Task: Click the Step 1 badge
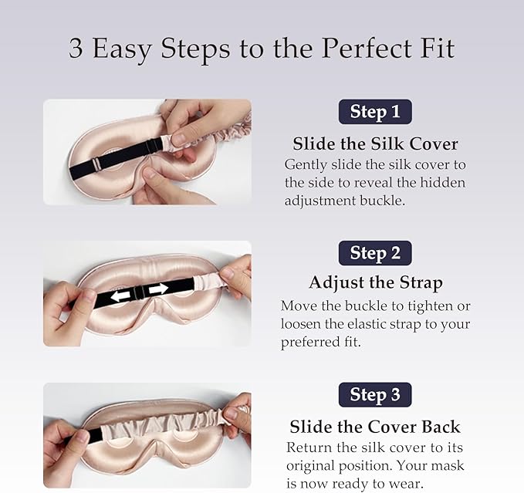(x=375, y=112)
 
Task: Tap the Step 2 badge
(x=375, y=253)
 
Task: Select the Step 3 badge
(x=375, y=395)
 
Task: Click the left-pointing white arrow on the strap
(x=120, y=295)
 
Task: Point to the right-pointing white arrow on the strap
(x=158, y=289)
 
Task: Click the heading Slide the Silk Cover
(x=375, y=144)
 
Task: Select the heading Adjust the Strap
(x=376, y=283)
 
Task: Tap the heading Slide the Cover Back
(x=375, y=427)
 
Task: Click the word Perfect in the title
(x=367, y=48)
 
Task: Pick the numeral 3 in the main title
(x=76, y=49)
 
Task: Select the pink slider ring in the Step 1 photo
(x=96, y=164)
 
